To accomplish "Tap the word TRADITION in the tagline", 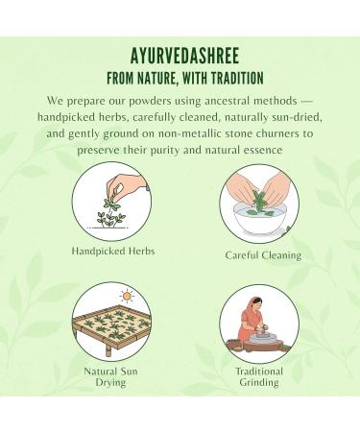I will pos(232,76).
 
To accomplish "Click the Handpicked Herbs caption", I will pos(112,252).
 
